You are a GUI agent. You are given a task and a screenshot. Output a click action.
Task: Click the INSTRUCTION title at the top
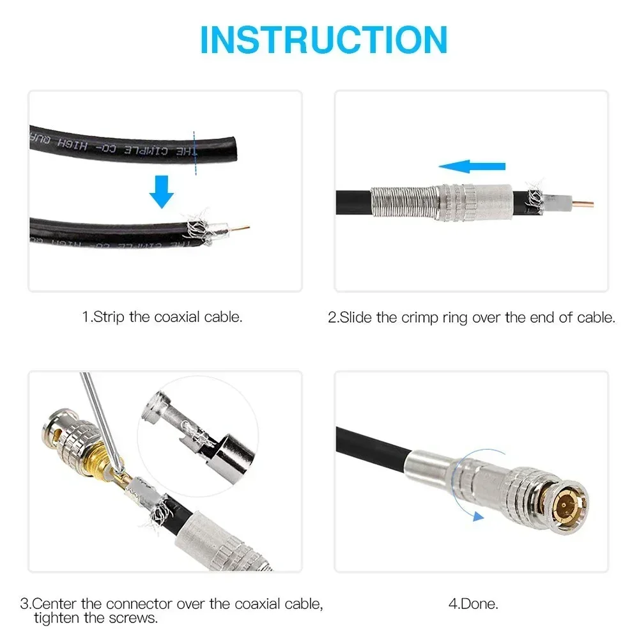point(323,40)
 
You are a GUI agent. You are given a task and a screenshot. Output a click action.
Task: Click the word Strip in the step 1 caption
point(109,317)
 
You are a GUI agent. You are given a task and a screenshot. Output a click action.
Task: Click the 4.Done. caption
point(472,603)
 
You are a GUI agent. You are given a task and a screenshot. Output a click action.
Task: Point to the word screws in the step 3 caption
point(135,618)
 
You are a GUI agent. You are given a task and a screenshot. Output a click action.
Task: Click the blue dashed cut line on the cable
point(194,152)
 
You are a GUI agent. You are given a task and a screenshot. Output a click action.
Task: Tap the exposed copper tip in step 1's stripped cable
point(242,227)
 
